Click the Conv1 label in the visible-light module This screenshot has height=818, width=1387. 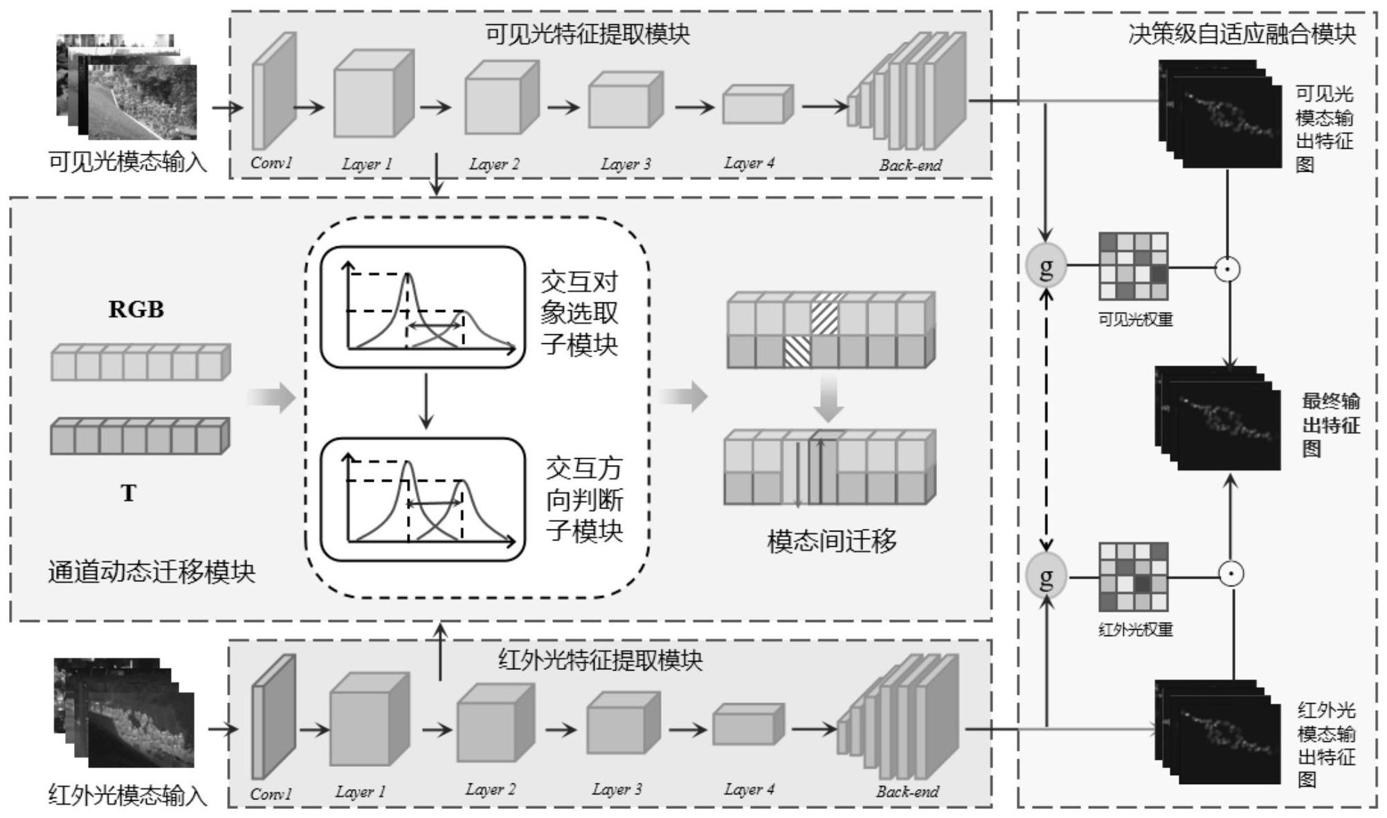point(271,163)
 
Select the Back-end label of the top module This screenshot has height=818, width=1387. point(910,165)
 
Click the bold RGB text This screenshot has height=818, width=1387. point(136,309)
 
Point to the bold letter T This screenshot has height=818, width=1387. point(128,493)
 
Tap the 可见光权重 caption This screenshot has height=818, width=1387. point(1135,320)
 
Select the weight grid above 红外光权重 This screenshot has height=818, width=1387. point(1134,576)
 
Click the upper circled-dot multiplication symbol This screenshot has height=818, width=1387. point(1228,269)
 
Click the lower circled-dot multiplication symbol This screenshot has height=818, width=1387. point(1231,574)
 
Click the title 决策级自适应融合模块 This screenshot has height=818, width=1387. point(1242,34)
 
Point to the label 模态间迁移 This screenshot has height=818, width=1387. point(831,540)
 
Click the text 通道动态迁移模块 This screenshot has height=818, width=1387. point(152,572)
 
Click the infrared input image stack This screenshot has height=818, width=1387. point(125,713)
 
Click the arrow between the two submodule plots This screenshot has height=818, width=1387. point(426,401)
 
